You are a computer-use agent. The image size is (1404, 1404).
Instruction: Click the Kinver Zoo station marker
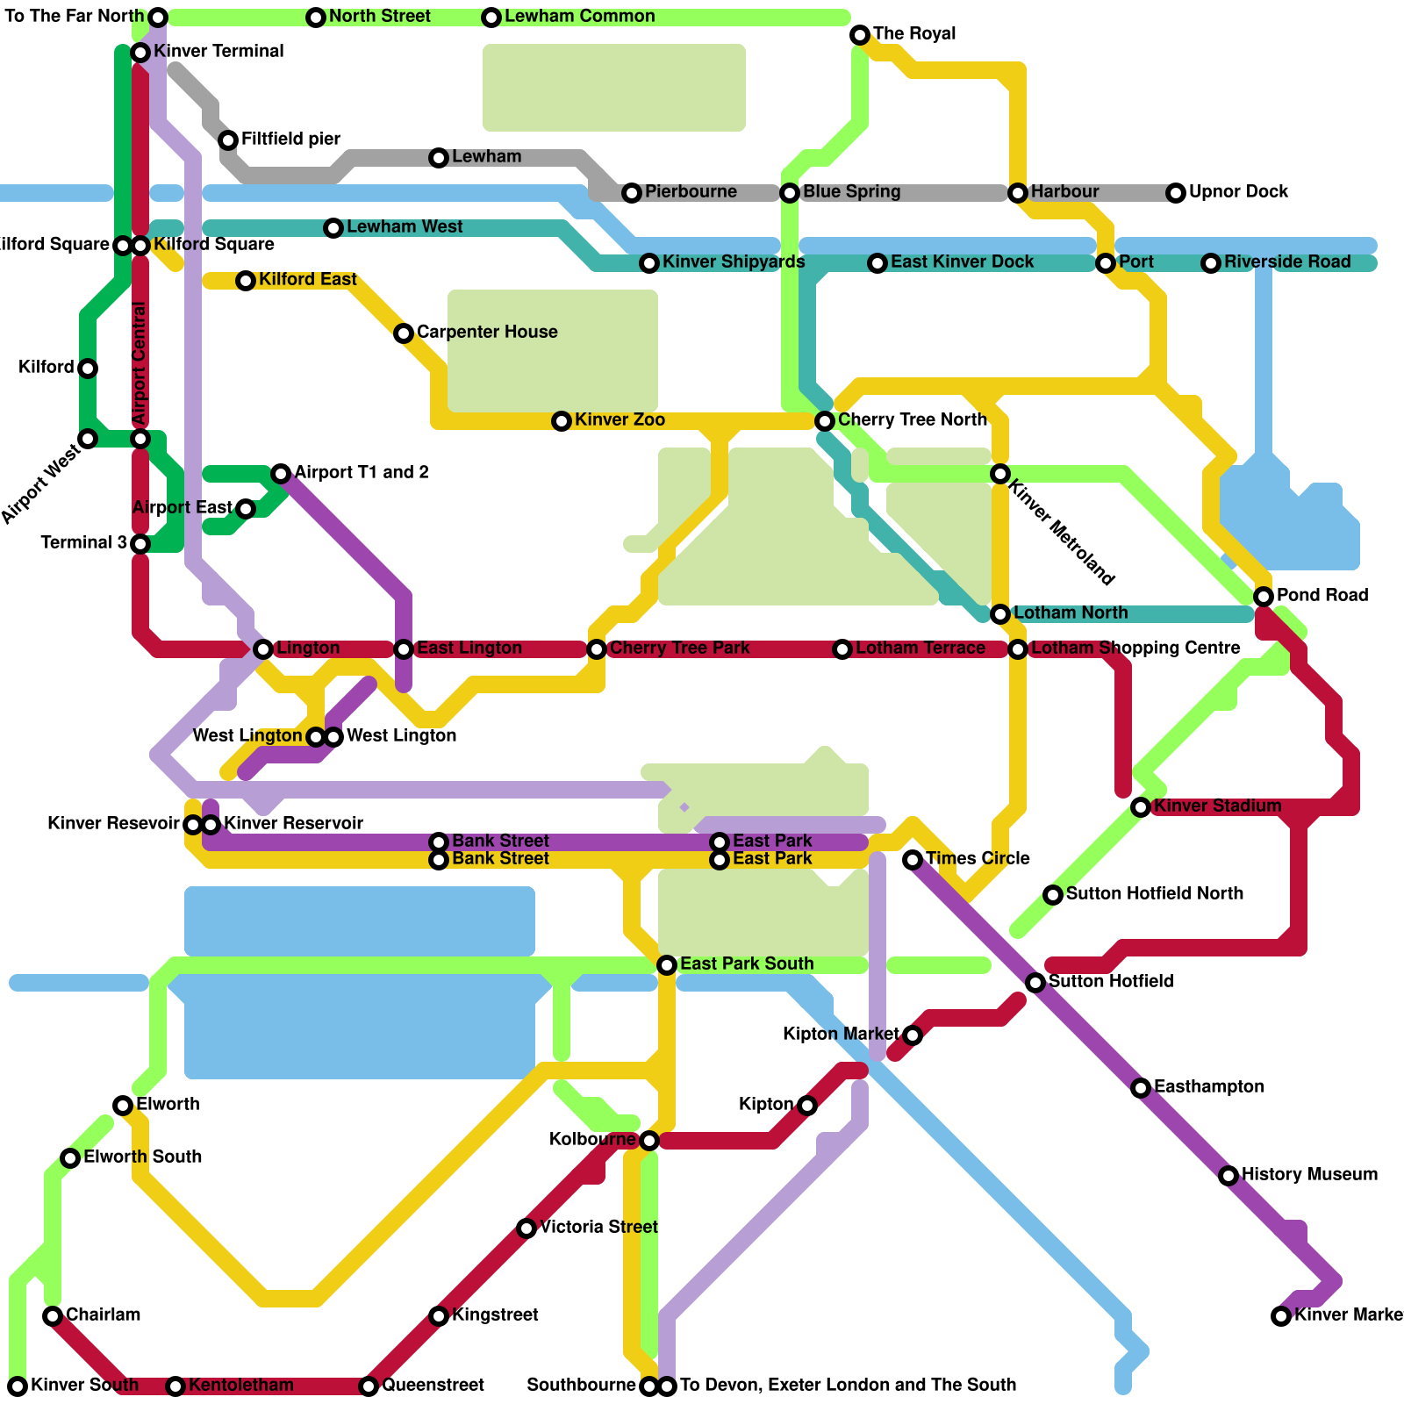pos(562,421)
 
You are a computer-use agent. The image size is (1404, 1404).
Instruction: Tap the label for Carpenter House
pos(487,333)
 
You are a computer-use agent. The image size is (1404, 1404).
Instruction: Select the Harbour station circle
pos(1018,193)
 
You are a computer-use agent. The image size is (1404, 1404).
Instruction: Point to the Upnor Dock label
pos(1238,192)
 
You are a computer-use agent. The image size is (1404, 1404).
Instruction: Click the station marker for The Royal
pos(860,35)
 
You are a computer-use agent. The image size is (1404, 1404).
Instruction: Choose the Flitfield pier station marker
pos(228,140)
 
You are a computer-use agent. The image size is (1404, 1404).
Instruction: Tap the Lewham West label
pos(405,227)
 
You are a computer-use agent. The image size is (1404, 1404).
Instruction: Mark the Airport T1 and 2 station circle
pos(281,474)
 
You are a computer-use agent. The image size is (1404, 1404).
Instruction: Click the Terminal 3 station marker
pos(140,544)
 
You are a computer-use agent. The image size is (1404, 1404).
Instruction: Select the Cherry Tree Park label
pos(679,648)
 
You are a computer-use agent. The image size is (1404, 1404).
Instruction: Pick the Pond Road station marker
pos(1264,597)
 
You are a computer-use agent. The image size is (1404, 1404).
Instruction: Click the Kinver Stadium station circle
pos(1141,807)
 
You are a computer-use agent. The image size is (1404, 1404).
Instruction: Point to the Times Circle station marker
pos(913,860)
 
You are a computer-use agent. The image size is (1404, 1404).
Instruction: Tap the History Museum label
pos(1309,1175)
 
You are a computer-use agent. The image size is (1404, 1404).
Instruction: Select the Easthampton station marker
pos(1141,1088)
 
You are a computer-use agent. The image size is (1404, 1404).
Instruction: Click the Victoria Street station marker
pos(526,1228)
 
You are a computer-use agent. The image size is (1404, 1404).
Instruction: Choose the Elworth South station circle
pos(70,1158)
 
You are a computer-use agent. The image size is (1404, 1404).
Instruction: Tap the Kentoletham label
pos(241,1386)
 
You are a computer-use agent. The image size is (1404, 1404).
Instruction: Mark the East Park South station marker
pos(667,965)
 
